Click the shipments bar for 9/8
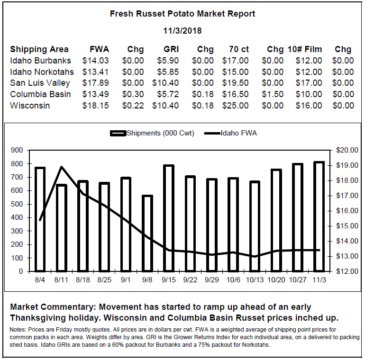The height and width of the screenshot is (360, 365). point(147,234)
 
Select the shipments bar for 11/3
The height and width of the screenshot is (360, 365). point(319,217)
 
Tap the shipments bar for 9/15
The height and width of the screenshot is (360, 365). point(169,218)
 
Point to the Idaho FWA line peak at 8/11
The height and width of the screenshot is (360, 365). point(62,167)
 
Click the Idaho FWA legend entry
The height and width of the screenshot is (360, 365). point(230,133)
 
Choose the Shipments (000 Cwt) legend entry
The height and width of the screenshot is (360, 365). point(152,133)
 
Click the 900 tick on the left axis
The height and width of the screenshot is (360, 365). point(17,150)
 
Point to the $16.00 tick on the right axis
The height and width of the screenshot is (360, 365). point(347,211)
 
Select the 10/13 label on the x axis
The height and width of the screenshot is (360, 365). point(255,280)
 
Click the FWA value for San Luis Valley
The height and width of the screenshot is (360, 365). point(95,83)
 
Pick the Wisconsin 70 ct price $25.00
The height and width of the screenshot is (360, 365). point(235,106)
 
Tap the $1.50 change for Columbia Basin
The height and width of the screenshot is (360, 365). point(273,94)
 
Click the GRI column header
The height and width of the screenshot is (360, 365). point(171,49)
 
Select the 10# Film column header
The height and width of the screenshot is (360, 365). point(305,49)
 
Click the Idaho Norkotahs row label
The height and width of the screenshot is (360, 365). point(42,72)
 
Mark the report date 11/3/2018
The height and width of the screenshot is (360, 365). point(182,31)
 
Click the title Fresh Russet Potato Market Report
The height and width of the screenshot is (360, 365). point(182,14)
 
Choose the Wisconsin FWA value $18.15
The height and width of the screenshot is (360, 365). point(95,106)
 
